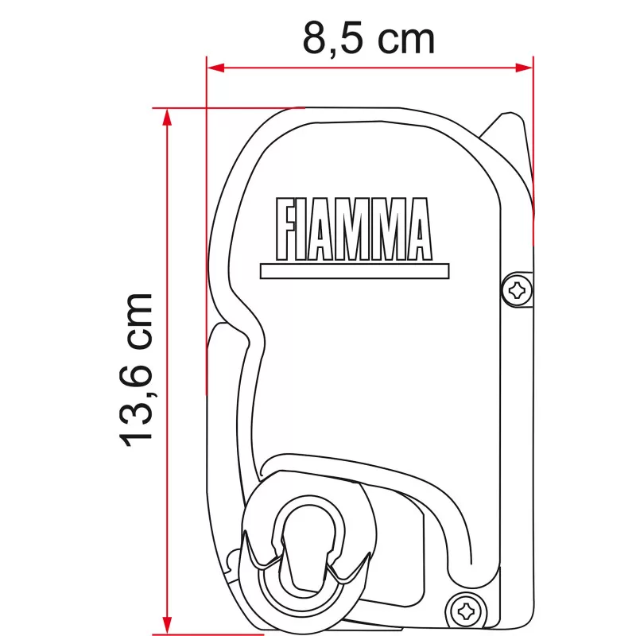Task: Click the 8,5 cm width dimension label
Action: (x=368, y=38)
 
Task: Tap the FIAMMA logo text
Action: (x=353, y=231)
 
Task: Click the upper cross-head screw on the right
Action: (x=518, y=289)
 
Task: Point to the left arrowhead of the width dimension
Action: (x=213, y=68)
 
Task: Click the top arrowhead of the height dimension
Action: (x=166, y=114)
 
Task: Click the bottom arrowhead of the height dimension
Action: (x=166, y=626)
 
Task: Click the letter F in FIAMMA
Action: (x=286, y=231)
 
